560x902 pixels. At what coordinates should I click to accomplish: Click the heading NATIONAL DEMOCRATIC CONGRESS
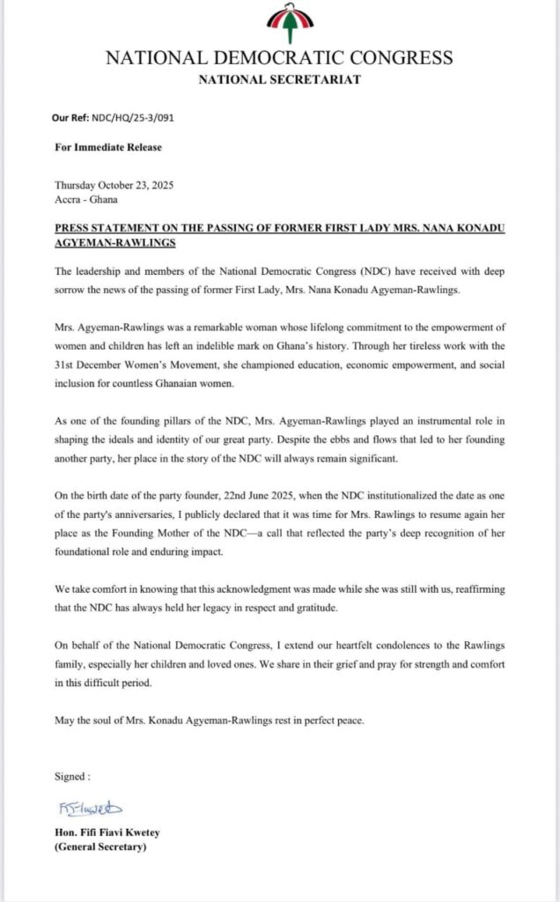[x=280, y=59]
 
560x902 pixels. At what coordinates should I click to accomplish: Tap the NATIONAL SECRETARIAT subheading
[x=280, y=79]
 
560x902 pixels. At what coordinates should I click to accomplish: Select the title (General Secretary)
[x=99, y=848]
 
